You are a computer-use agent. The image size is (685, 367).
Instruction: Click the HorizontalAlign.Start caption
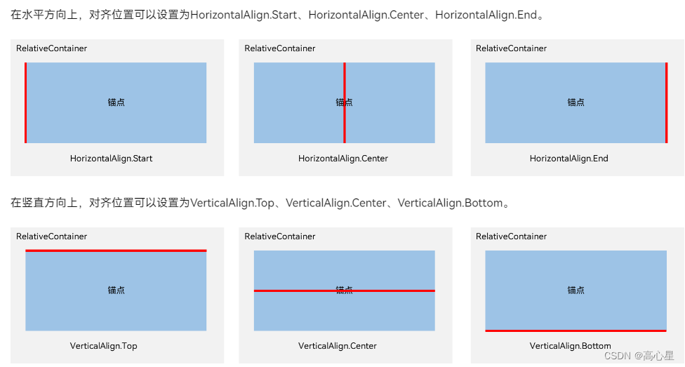tap(111, 159)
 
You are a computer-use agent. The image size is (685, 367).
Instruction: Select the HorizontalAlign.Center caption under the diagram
tap(342, 159)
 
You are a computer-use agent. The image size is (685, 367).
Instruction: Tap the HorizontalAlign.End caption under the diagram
tap(568, 159)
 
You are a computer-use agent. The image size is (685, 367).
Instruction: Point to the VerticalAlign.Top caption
tap(103, 346)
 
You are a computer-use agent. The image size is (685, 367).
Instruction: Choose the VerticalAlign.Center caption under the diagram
tap(337, 346)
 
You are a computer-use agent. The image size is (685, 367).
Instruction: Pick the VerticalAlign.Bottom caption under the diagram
tap(570, 346)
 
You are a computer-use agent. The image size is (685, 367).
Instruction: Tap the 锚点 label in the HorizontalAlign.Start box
tap(116, 102)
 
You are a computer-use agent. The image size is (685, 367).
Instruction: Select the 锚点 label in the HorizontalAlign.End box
tap(576, 102)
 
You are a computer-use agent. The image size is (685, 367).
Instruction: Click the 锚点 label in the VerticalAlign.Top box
tap(116, 290)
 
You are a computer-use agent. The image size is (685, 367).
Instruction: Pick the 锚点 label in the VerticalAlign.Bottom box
tap(576, 290)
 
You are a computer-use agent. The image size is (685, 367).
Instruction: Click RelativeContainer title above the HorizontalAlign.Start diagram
tap(52, 48)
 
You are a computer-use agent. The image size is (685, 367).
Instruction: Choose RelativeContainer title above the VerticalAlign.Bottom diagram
tap(511, 236)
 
